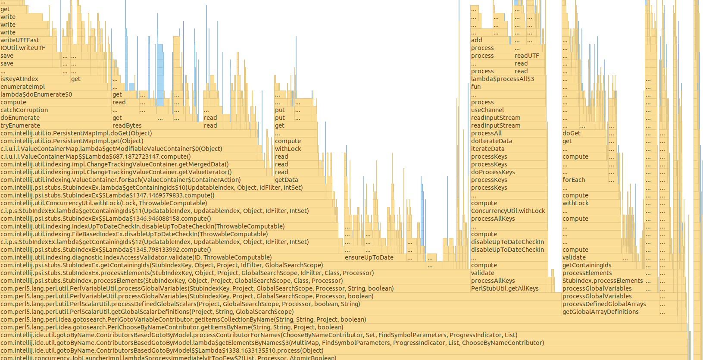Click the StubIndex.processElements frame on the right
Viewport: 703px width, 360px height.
603,281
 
